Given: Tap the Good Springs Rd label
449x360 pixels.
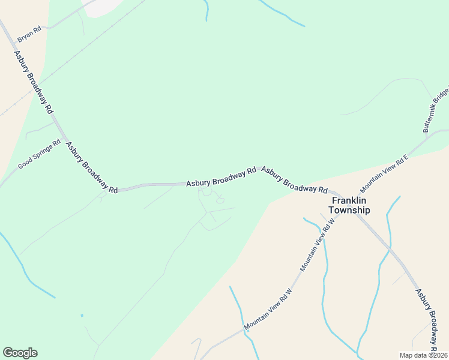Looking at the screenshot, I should coord(40,154).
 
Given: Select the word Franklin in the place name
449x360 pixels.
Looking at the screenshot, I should coord(349,201).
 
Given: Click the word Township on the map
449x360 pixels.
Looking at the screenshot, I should coord(349,211).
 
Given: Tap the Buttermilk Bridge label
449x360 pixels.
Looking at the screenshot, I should coord(435,110).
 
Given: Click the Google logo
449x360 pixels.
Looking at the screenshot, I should coord(20,353).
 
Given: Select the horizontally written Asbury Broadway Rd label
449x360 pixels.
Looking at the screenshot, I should coord(221,176).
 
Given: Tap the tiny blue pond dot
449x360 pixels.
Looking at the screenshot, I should coord(82,315).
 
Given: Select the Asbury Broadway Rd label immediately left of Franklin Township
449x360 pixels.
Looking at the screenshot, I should coord(294,180).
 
